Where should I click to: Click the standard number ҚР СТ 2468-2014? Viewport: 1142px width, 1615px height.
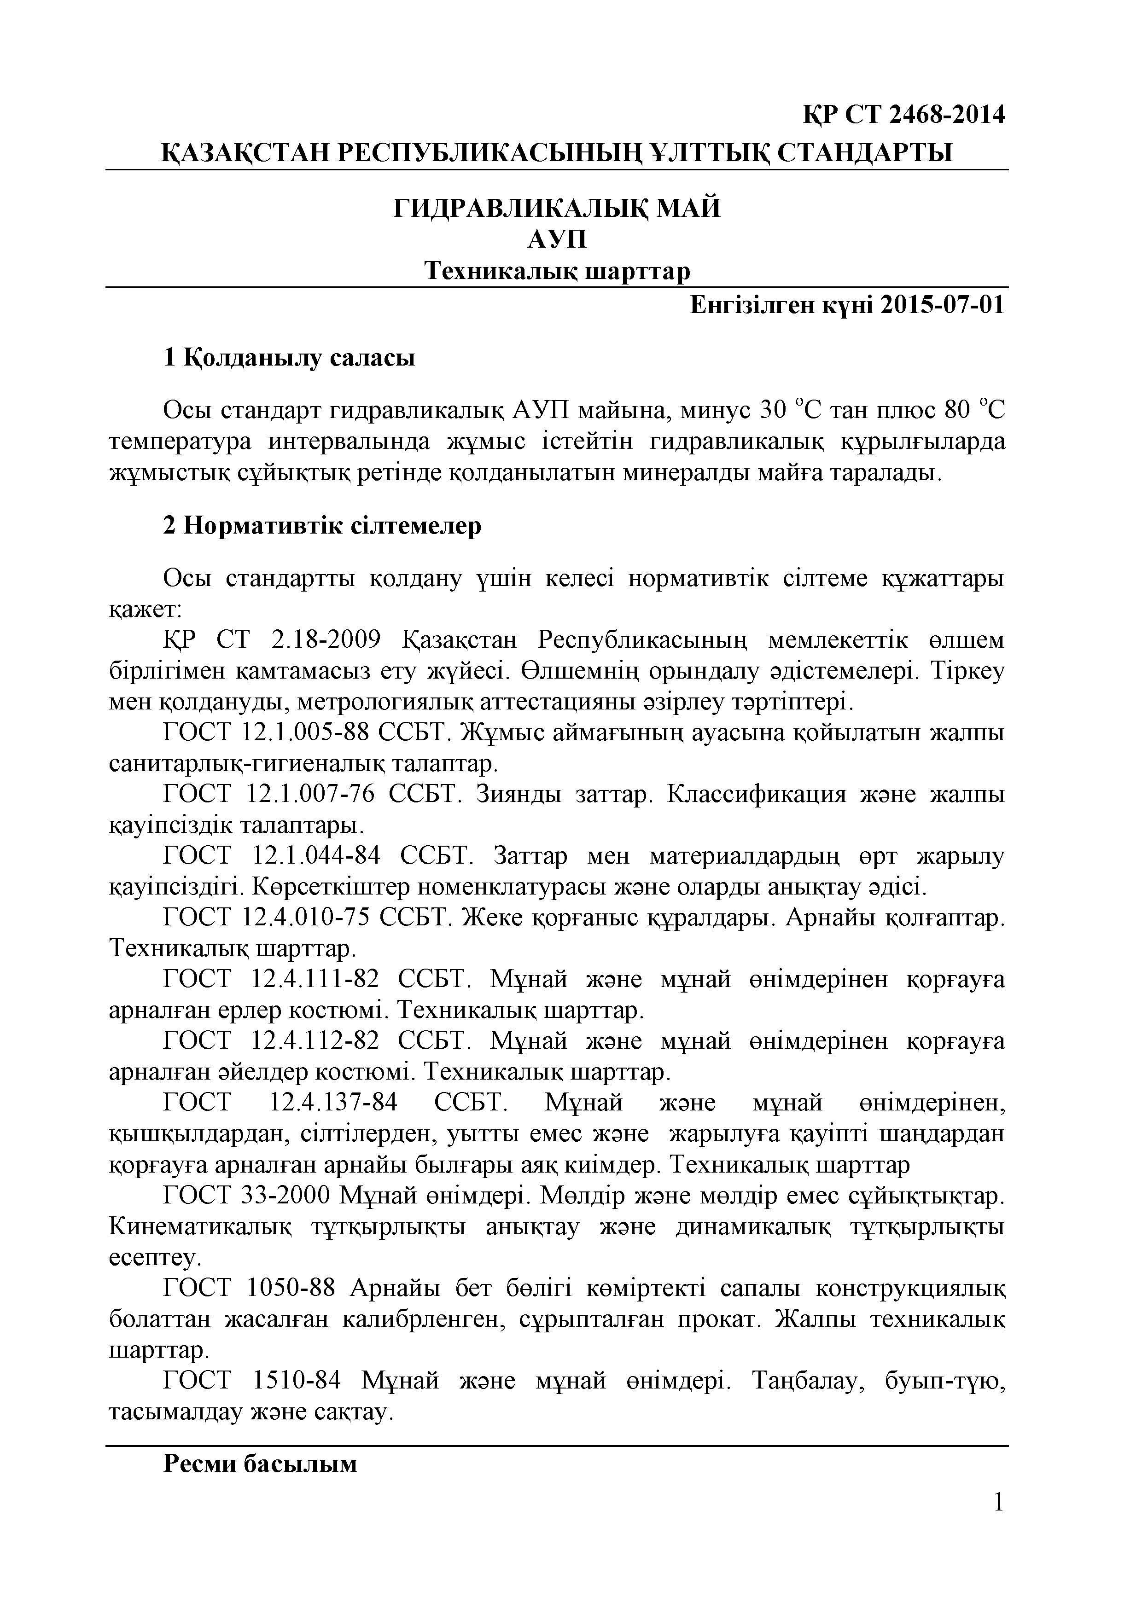pyautogui.click(x=904, y=114)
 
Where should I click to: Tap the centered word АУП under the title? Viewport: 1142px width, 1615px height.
pyautogui.click(x=557, y=240)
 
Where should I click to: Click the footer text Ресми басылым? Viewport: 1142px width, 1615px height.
pyautogui.click(x=260, y=1464)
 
